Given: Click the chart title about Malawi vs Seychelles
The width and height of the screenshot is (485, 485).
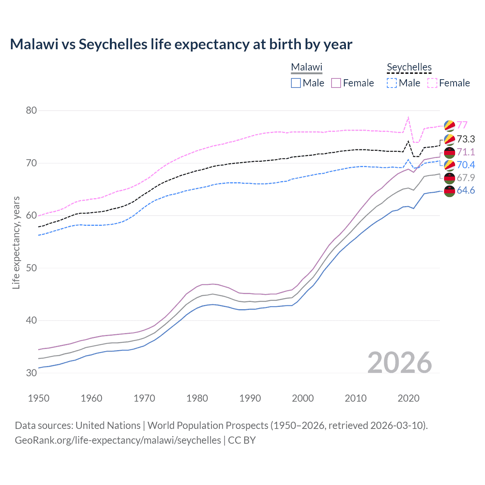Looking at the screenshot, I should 181,44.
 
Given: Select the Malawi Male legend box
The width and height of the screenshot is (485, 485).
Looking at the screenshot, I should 296,83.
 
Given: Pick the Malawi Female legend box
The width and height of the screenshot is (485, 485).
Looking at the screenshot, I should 336,83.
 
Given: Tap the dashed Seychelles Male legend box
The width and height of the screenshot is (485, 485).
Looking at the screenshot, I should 392,83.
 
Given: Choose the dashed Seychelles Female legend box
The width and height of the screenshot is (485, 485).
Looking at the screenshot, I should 432,83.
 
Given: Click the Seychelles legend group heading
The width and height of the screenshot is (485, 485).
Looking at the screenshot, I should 409,67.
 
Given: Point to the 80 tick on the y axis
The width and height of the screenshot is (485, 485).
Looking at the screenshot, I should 31,111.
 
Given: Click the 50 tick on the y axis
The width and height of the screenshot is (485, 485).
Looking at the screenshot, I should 31,268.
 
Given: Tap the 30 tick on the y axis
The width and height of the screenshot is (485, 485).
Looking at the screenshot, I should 31,373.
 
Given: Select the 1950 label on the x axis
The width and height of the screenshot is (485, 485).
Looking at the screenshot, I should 39,398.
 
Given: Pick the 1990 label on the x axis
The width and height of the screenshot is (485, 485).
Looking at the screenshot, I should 250,398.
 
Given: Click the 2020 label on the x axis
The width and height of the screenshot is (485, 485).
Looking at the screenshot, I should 408,398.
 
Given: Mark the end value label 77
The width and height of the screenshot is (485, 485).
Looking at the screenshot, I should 462,125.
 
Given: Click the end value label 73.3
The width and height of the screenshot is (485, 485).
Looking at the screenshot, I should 466,139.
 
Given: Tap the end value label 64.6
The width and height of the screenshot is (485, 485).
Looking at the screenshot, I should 466,190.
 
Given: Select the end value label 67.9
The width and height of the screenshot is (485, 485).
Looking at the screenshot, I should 466,178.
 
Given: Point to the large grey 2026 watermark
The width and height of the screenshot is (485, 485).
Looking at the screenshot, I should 400,363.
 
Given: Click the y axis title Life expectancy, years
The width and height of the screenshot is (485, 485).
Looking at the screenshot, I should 16,242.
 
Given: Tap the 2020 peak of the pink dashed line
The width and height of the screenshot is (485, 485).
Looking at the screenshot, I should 408,117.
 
